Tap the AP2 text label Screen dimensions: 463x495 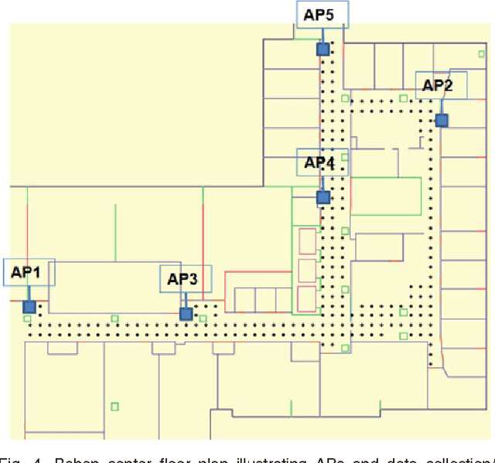point(437,85)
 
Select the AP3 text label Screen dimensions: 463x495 point(183,278)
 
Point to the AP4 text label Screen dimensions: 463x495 point(319,163)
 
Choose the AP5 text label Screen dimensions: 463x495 point(319,13)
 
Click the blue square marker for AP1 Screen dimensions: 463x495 point(29,307)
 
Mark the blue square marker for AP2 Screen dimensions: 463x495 point(441,120)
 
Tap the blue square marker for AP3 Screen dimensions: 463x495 point(186,314)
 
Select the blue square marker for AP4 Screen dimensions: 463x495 point(323,197)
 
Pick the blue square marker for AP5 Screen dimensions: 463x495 point(323,49)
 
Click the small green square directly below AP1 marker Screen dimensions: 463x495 point(27,318)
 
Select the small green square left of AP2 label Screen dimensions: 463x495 point(404,98)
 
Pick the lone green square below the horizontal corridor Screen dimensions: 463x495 point(114,406)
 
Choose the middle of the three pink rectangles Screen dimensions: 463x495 point(307,270)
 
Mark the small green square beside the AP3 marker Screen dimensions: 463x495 point(203,318)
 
